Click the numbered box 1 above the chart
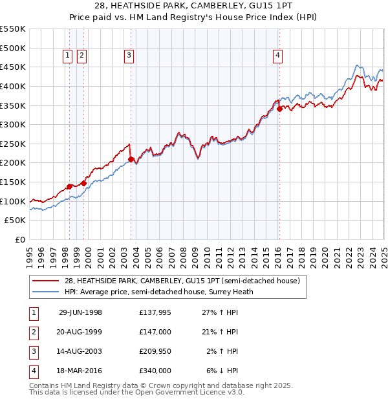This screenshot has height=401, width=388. tap(68, 56)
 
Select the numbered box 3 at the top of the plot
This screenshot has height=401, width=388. tap(129, 56)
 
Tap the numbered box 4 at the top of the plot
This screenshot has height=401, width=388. tap(277, 56)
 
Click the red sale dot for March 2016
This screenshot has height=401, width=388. tap(279, 109)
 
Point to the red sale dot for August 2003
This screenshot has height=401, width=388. tap(131, 158)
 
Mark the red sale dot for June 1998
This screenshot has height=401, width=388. tap(69, 186)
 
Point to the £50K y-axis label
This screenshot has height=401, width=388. tap(16, 221)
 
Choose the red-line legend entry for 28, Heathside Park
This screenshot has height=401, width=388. tap(182, 281)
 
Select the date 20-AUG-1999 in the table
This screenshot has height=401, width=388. tap(80, 332)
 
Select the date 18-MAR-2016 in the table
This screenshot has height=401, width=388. tap(80, 371)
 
